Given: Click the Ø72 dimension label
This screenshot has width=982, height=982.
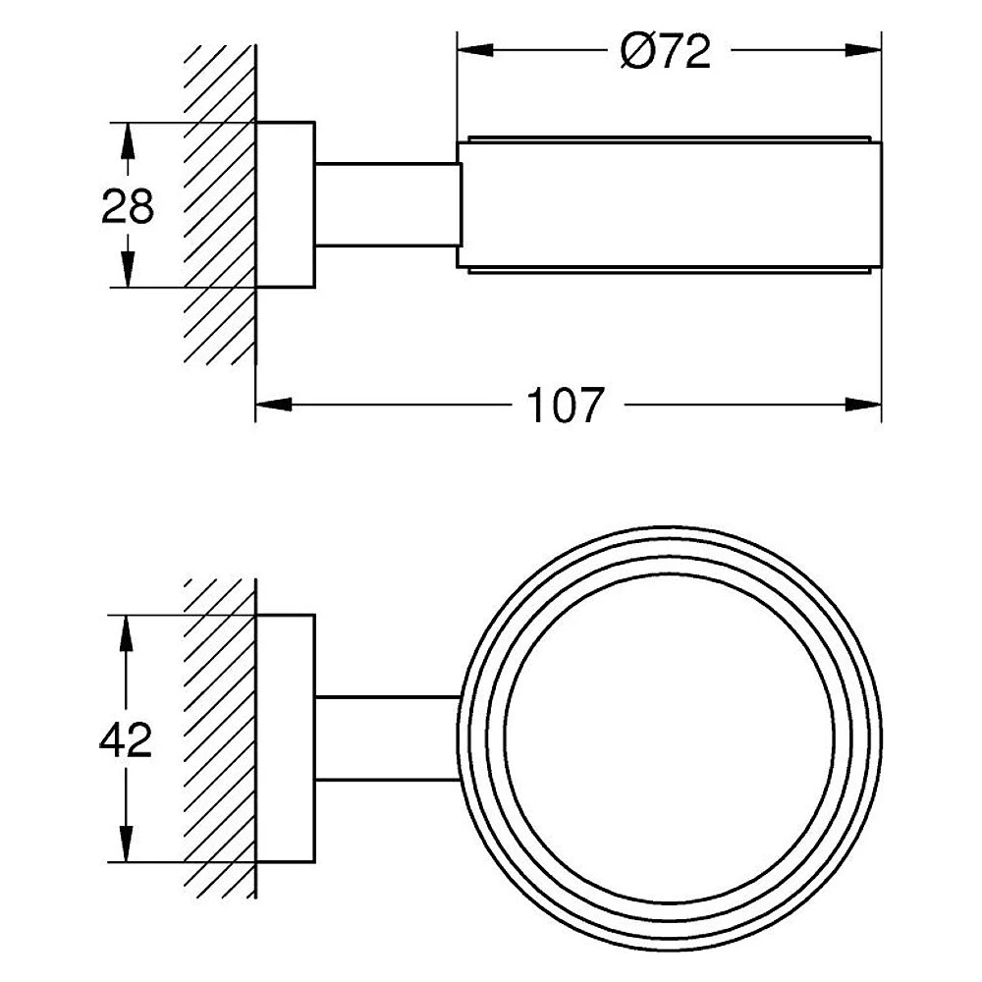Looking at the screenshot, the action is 666,51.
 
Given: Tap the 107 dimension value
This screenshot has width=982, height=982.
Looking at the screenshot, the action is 566,406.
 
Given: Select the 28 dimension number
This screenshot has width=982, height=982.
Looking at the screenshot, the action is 128,206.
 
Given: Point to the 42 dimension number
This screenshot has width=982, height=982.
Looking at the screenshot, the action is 126,739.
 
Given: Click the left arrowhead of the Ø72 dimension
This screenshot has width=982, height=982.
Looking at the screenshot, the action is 475,50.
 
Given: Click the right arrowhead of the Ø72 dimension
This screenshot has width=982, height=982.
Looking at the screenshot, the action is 863,50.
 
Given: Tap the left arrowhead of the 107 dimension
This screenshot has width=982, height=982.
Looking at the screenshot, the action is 274,405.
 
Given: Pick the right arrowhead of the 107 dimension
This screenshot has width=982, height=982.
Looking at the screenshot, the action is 863,405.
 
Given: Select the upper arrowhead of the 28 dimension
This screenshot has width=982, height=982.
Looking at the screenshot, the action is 127,140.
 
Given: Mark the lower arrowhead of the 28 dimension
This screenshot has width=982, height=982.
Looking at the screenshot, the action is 127,269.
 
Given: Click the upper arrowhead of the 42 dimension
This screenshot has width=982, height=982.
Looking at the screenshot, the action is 126,633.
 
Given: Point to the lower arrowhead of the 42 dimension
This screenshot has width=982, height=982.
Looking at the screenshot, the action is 126,844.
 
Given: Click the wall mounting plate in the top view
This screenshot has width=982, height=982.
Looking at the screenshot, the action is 285,205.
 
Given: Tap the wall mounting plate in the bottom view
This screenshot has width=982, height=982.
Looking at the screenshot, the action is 285,738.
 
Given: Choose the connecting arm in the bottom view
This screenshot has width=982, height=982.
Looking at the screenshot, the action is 388,738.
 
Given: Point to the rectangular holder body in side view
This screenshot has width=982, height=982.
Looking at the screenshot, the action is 669,205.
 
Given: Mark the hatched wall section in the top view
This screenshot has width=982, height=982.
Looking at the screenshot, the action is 220,205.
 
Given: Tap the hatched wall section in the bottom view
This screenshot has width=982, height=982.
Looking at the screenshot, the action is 220,738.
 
